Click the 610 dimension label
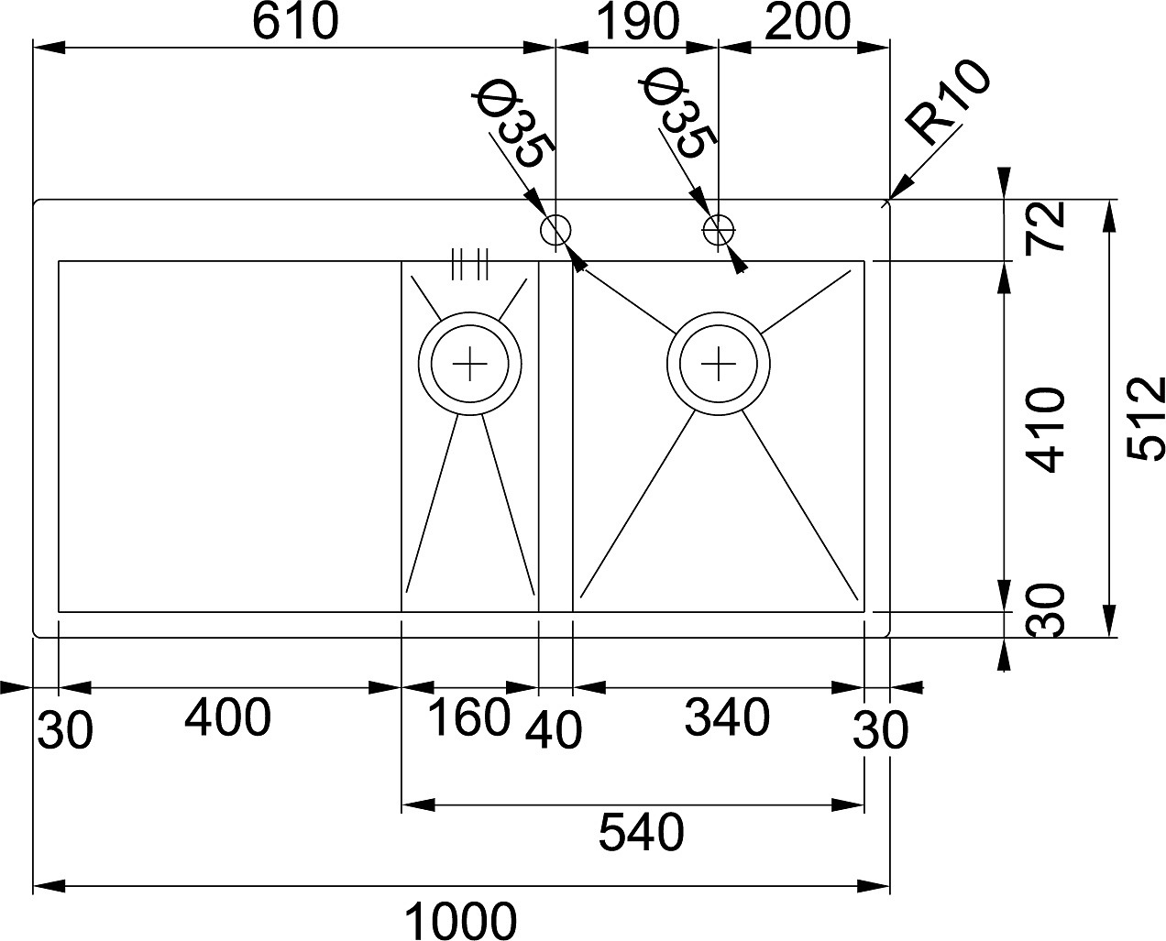point(295,22)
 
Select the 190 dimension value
point(637,22)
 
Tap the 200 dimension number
point(808,22)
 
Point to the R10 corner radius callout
point(947,103)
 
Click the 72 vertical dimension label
point(1045,226)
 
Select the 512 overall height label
point(1146,419)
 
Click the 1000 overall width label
point(460,922)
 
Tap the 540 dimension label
point(642,832)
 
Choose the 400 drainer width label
point(227,717)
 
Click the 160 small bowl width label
point(468,717)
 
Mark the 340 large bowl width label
point(727,717)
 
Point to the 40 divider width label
point(553,731)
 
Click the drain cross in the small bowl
point(469,363)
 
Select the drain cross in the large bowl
point(719,363)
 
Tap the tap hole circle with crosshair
point(719,230)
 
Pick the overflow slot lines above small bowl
point(469,265)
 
